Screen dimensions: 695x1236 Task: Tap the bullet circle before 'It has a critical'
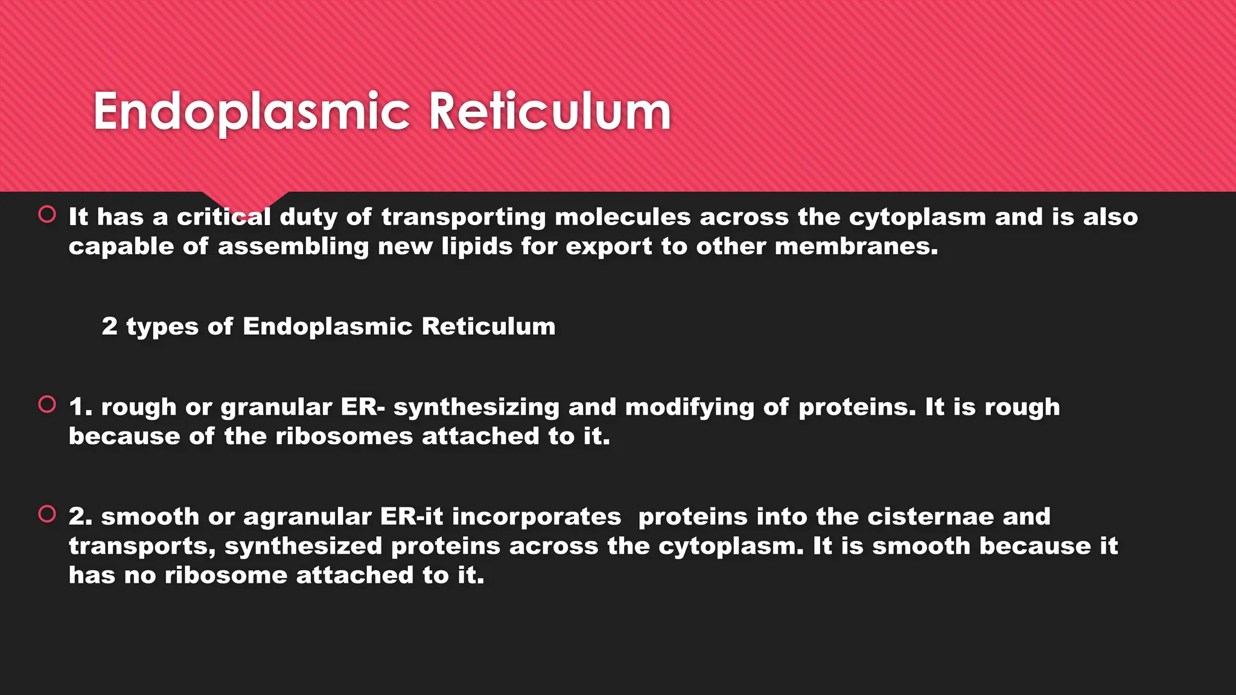coord(47,214)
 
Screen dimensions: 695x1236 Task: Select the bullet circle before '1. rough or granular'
coord(47,404)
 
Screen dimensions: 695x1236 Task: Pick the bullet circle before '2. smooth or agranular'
coord(47,514)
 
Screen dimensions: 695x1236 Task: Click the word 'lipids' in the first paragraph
coord(477,247)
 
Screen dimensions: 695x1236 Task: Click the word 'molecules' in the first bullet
coord(622,217)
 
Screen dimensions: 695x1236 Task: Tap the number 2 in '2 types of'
coord(109,326)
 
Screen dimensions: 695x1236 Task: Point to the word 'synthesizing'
coord(476,408)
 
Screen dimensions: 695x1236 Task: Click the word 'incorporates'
coord(537,518)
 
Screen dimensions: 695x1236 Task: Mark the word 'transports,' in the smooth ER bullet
coord(142,547)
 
